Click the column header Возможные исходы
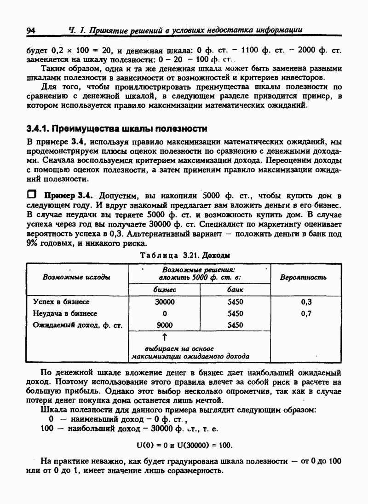point(76,277)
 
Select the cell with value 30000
point(165,302)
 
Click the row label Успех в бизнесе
point(61,302)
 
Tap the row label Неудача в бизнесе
point(64,313)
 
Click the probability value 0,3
point(306,302)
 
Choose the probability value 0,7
point(306,313)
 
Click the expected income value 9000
point(165,325)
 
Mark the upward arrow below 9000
point(165,338)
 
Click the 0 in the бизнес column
point(165,313)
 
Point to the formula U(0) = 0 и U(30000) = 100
point(184,445)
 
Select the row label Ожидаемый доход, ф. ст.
point(77,325)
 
